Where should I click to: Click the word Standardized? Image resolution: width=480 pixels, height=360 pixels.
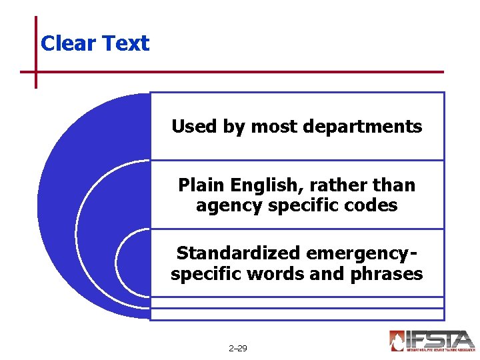coord(237,253)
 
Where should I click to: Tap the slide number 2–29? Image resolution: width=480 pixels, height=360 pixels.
coord(237,348)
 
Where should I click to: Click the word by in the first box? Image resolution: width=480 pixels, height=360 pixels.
coord(234,127)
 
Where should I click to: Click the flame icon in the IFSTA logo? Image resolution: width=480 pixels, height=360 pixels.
coord(397,340)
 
